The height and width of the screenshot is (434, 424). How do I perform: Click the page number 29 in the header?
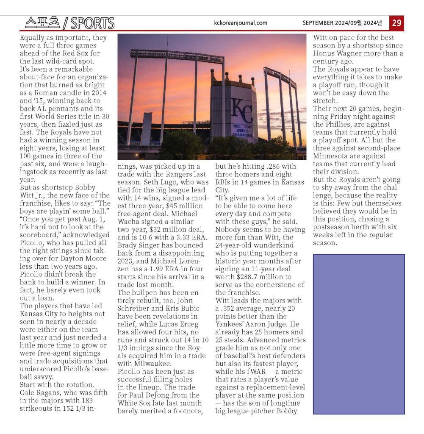396,23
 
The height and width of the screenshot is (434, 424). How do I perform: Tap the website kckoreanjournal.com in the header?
241,23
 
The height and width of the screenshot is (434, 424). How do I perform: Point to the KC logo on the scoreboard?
242,111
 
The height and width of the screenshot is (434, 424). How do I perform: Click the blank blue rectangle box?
358,334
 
